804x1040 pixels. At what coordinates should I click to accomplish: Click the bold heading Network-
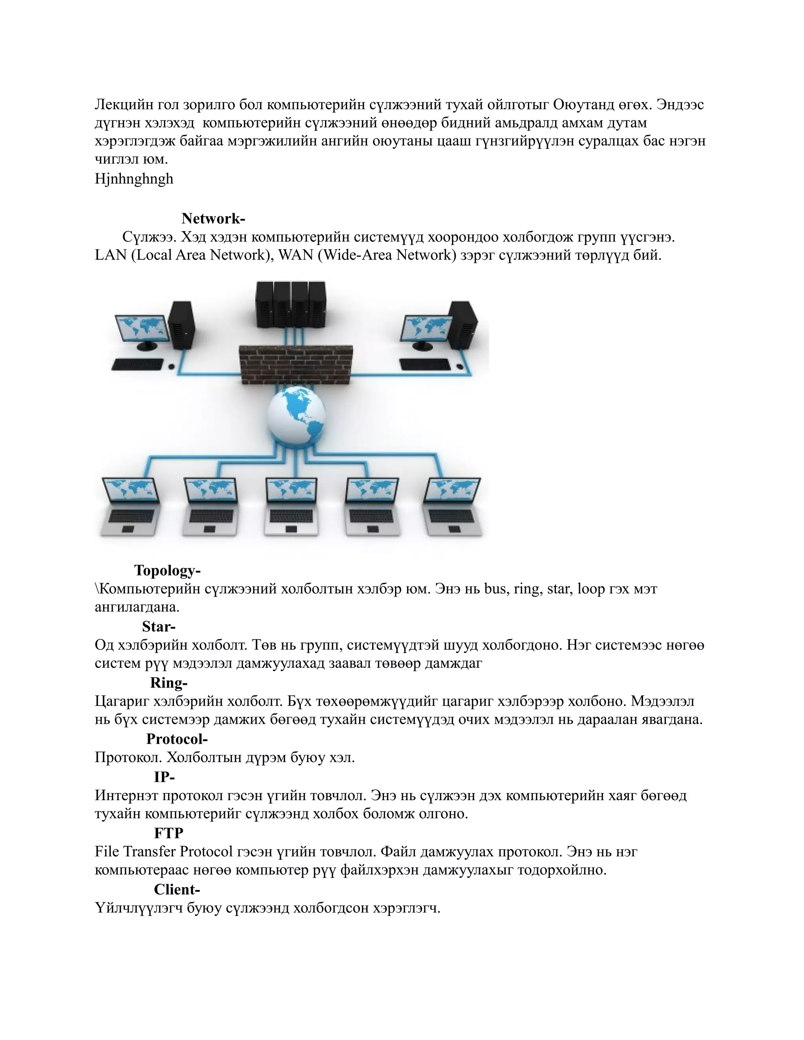pyautogui.click(x=213, y=219)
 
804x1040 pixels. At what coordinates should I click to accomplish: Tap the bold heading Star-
pyautogui.click(x=159, y=626)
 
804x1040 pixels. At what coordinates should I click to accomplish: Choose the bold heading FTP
pyautogui.click(x=168, y=833)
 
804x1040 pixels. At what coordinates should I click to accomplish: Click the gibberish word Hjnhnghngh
pyautogui.click(x=134, y=179)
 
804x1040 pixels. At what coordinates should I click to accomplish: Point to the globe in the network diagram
pyautogui.click(x=297, y=417)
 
